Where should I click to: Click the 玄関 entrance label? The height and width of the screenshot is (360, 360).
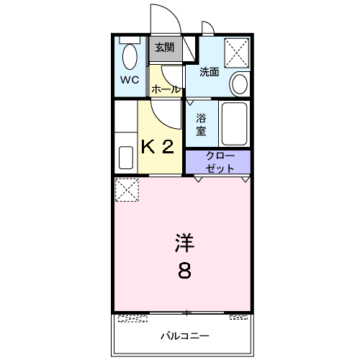click(165, 48)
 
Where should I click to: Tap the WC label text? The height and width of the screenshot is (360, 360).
click(129, 81)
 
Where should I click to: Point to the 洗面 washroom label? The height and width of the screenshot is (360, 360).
click(209, 72)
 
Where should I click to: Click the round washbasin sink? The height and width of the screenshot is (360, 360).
click(240, 84)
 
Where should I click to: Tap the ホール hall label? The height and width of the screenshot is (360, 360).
click(166, 89)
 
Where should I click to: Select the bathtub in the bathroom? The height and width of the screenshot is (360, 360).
click(234, 124)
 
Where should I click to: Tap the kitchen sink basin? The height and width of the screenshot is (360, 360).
click(126, 156)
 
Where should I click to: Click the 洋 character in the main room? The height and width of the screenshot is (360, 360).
click(184, 243)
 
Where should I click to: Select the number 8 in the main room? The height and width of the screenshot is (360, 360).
click(184, 271)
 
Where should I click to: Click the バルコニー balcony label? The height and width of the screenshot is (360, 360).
click(184, 336)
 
